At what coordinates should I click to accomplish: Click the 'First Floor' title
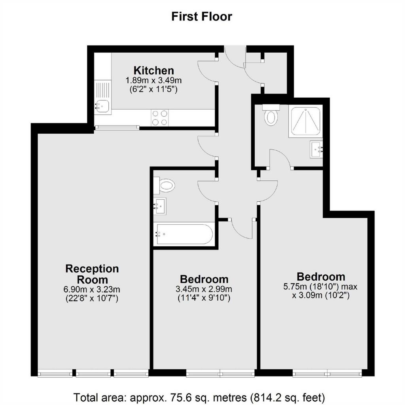point(202,16)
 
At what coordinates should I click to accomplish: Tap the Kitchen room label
point(154,70)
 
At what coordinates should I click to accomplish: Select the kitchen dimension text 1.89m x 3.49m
point(153,80)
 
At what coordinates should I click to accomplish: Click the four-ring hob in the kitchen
point(160,118)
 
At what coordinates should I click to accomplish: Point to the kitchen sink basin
point(102,106)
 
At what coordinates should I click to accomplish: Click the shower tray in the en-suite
point(306,121)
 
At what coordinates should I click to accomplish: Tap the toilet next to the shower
point(271,115)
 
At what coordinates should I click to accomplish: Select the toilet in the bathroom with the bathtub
point(164,185)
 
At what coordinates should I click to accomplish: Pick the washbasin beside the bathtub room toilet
point(160,206)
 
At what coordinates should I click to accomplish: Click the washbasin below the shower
point(316,149)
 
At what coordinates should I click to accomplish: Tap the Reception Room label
point(92,274)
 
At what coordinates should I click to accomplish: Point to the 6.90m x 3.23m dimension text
point(92,289)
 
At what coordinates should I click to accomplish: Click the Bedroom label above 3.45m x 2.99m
point(204,279)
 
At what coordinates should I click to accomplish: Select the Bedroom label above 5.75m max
point(321,276)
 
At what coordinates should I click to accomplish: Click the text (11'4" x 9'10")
point(204,298)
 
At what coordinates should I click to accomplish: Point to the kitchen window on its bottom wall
point(117,127)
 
